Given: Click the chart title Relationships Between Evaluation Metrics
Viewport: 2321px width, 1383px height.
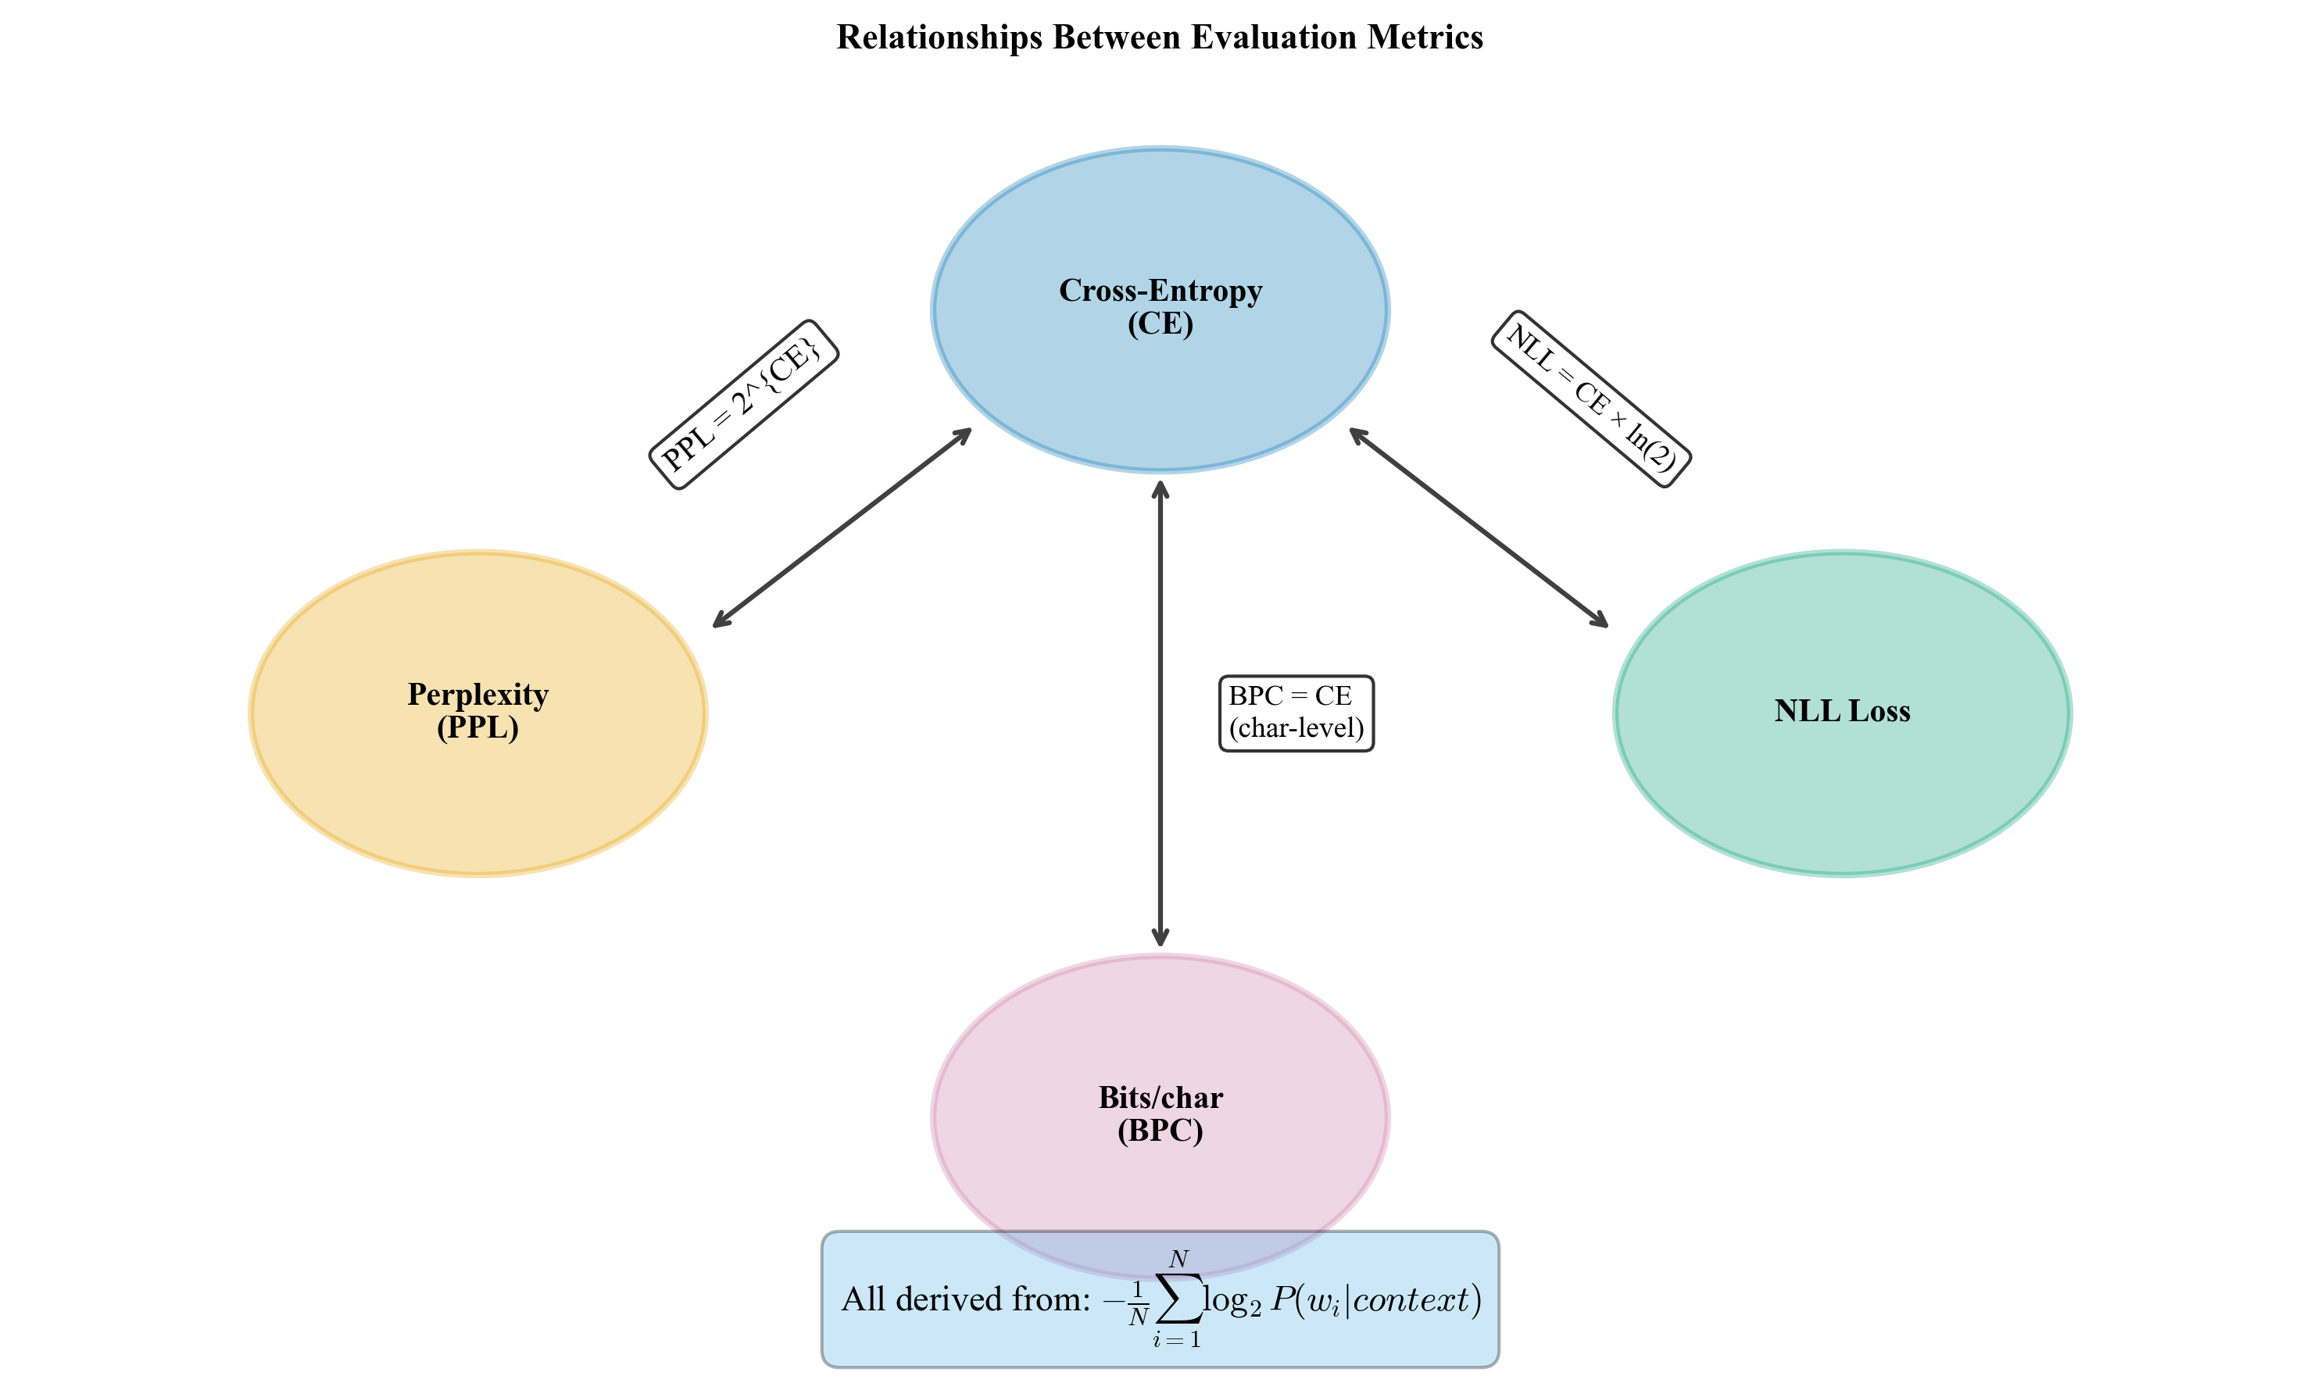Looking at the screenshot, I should pos(1160,38).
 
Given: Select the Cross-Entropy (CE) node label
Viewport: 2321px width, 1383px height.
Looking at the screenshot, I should pos(1160,306).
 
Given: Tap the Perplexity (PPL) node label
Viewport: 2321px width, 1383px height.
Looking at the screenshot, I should pos(477,710).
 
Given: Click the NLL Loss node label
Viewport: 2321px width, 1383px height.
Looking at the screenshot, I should pos(1842,711).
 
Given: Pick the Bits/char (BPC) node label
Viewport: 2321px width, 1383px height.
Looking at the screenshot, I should pos(1160,1113).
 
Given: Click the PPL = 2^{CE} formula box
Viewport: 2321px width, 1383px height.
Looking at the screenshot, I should pos(743,405).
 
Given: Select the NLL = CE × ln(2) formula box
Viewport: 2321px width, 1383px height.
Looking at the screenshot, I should pos(1590,398).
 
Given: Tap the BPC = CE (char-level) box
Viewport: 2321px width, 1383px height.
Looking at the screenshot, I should pos(1296,713).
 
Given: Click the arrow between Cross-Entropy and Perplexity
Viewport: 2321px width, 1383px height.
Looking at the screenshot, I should pos(842,527).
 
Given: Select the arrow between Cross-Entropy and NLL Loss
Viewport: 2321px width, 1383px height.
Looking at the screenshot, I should pos(1479,527).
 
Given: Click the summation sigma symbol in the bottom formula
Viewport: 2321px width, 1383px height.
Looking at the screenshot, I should pos(1178,1299).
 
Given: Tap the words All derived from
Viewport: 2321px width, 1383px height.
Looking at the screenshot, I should pos(966,1299).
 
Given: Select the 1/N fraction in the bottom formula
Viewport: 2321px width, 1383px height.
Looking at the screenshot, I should pos(1137,1303).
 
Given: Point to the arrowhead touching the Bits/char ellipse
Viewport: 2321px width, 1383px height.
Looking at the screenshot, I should pos(1160,937).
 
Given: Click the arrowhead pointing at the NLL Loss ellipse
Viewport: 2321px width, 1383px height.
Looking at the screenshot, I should pos(1600,620).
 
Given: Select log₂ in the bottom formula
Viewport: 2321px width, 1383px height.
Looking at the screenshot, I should pos(1232,1301).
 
